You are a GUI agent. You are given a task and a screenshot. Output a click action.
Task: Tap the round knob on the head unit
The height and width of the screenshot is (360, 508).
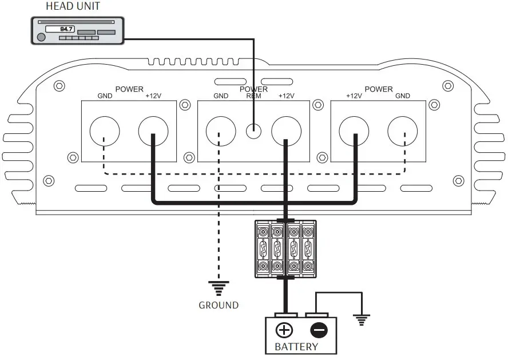[41, 38]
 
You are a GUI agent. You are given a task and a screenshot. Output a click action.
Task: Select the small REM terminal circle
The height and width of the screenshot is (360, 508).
[253, 131]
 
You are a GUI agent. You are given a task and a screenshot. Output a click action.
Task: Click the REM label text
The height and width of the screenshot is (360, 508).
[253, 96]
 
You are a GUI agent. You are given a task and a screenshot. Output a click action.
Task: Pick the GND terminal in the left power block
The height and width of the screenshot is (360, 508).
[105, 132]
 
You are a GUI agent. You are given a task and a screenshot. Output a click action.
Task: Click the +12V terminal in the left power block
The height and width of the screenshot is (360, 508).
[153, 132]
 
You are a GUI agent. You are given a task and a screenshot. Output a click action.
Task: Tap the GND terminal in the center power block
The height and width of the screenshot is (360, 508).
[220, 132]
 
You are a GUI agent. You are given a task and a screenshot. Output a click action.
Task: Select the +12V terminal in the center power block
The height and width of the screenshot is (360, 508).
[285, 132]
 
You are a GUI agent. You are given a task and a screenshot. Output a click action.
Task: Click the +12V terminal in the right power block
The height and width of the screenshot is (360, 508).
[354, 132]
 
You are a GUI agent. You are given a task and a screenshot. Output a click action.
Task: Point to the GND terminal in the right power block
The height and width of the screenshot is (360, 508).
[402, 132]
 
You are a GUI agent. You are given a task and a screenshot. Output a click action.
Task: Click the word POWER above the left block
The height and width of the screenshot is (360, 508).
[129, 89]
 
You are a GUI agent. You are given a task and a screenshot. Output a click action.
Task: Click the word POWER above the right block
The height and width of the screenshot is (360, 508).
[379, 89]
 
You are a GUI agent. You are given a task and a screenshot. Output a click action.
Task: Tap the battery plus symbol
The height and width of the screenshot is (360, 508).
[284, 330]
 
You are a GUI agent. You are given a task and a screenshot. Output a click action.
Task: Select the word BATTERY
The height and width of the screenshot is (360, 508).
[297, 347]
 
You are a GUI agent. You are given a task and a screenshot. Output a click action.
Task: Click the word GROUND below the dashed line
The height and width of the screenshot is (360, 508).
[219, 306]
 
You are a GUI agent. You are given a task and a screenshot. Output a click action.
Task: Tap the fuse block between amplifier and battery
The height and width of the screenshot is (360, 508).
[285, 249]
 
